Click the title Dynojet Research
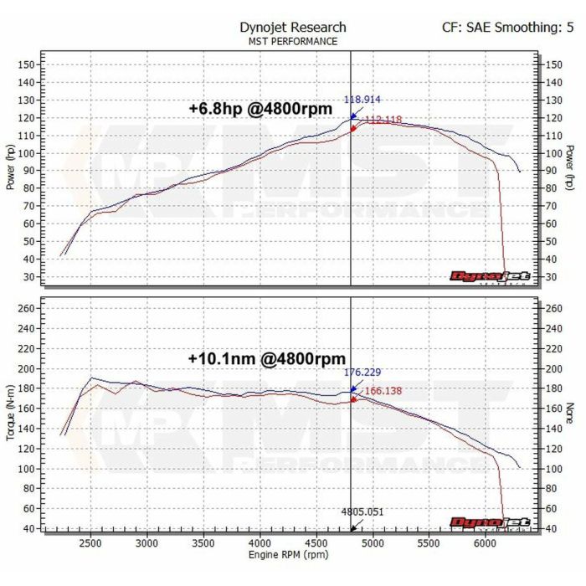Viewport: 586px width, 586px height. point(293,28)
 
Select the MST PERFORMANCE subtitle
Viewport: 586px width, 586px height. point(293,41)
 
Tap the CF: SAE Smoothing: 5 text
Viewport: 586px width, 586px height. point(513,28)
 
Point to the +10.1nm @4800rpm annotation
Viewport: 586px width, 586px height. point(266,359)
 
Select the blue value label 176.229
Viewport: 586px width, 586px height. point(363,373)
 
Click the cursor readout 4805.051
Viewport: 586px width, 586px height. point(362,512)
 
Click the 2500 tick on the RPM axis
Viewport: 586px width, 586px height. point(90,543)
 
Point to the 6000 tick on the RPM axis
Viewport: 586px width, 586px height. point(487,543)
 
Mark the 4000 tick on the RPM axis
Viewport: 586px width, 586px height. point(260,543)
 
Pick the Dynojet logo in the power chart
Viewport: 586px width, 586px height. point(478,276)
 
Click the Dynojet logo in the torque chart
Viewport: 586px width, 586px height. point(478,522)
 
